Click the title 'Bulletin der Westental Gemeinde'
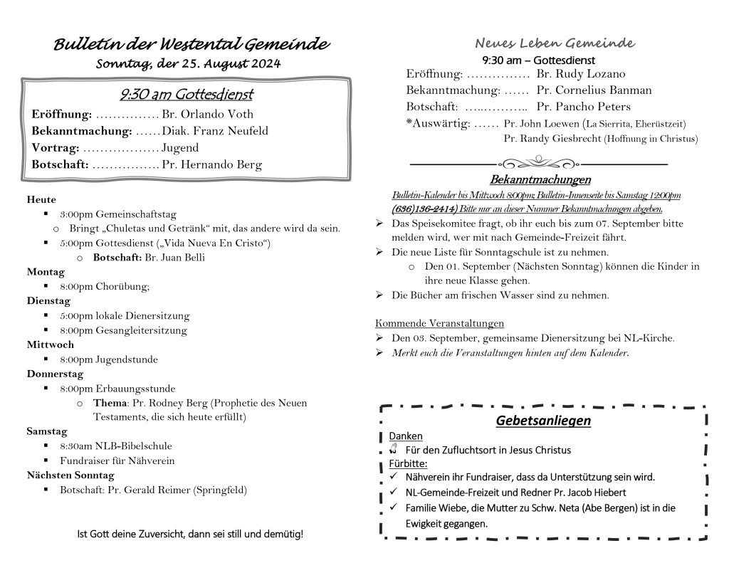point(192,44)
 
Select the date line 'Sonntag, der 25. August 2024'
point(188,64)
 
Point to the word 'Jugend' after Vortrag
point(180,148)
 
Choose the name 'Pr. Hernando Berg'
point(211,165)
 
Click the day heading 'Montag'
point(46,272)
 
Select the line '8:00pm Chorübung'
point(105,287)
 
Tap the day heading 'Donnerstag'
point(55,374)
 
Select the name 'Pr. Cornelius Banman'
point(594,90)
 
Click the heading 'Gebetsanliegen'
point(543,421)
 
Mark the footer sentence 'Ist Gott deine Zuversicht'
point(189,534)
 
